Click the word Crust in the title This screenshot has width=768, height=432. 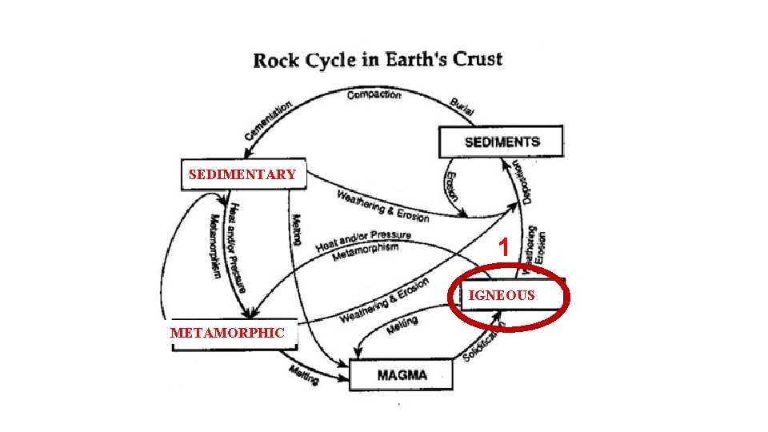click(477, 59)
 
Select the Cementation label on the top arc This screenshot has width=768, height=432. click(267, 121)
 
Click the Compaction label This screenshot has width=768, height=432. click(374, 95)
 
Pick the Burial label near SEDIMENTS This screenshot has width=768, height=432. click(462, 107)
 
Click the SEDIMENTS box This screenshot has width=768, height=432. click(501, 142)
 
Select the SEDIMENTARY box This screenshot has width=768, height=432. click(242, 174)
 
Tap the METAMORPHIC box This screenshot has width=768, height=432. click(228, 332)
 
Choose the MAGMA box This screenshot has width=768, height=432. click(402, 374)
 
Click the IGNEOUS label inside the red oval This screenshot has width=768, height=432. click(502, 295)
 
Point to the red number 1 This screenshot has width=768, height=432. click(502, 249)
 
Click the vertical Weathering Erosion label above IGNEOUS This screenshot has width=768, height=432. click(537, 245)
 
